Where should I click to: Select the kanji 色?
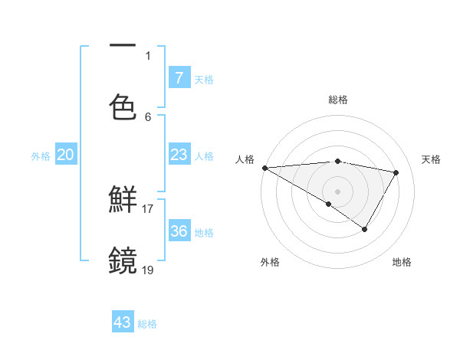tap(123, 106)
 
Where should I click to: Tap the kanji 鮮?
tap(123, 200)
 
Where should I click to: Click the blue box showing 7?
tap(179, 77)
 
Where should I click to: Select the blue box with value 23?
tap(179, 155)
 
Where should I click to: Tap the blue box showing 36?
tap(179, 231)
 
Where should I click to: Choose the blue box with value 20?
tap(65, 155)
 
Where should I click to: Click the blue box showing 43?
tap(123, 322)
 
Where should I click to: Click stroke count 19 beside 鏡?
tap(148, 270)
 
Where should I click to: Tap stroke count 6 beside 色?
tap(148, 116)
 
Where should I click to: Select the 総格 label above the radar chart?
tap(338, 100)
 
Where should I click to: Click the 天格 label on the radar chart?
tap(431, 159)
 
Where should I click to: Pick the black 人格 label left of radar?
tap(245, 159)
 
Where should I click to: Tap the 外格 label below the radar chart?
tap(270, 262)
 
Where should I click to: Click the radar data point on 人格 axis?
tap(264, 167)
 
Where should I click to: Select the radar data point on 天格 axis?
tap(396, 172)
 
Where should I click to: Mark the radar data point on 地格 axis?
tap(365, 229)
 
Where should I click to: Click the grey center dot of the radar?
tap(337, 190)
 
